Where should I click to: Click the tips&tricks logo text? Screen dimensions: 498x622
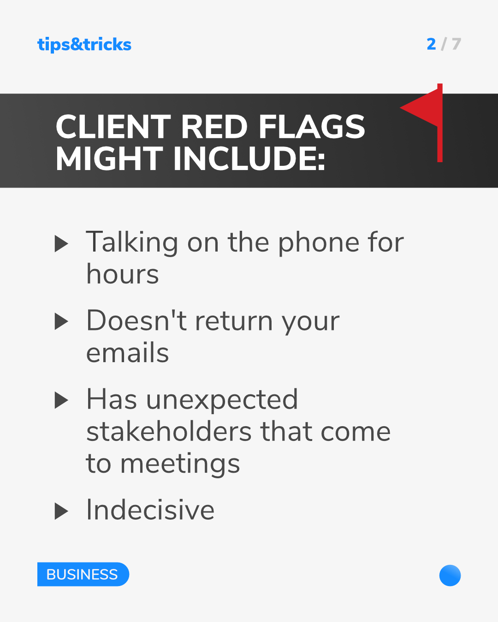click(84, 45)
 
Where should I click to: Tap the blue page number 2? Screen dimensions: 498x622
click(431, 44)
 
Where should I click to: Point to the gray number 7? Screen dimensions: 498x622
click(456, 44)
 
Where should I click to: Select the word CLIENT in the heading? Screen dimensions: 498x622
click(113, 127)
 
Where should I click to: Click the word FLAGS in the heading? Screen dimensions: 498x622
click(312, 127)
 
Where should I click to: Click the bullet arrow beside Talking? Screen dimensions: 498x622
click(61, 244)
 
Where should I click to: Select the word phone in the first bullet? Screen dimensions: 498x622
click(318, 243)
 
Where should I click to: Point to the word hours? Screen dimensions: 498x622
click(123, 274)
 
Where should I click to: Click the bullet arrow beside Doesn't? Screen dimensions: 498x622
click(61, 322)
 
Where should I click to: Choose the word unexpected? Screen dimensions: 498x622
click(222, 400)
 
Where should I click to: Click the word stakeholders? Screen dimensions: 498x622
click(169, 432)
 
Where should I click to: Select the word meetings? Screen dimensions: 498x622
click(180, 464)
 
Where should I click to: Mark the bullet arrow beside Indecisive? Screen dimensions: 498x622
click(61, 511)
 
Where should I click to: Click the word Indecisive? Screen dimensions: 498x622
click(150, 510)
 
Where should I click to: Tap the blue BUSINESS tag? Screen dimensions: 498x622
click(83, 574)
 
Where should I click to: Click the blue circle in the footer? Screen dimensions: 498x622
click(450, 575)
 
